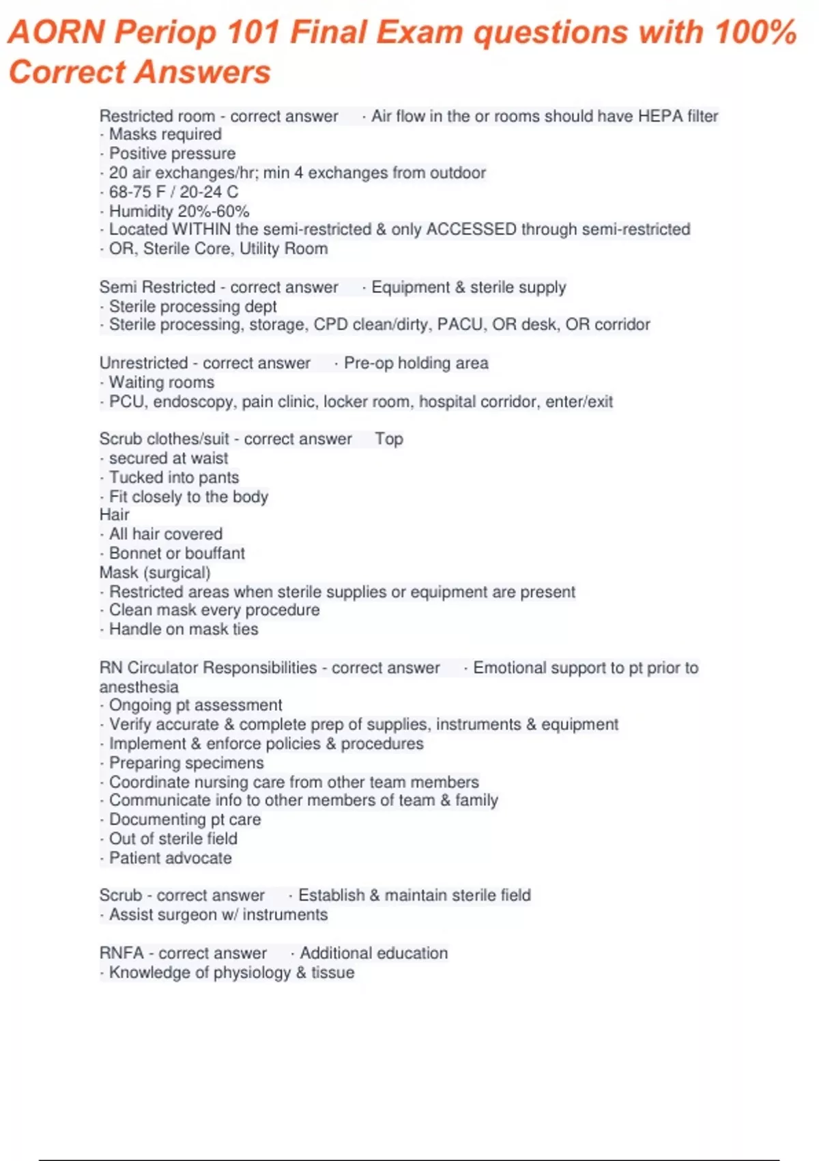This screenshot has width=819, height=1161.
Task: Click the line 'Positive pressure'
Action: tap(172, 154)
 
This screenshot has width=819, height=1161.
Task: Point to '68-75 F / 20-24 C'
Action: tap(173, 192)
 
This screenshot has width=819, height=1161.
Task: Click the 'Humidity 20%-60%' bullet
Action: tap(179, 211)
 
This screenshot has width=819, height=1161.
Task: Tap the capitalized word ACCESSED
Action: tap(471, 229)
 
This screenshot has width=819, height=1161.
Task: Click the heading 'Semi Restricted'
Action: tap(157, 288)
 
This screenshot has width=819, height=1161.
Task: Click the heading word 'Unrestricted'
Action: tap(143, 363)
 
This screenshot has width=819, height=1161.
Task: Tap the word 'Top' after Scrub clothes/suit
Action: tap(389, 439)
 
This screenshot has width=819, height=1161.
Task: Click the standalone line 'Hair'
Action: tap(114, 515)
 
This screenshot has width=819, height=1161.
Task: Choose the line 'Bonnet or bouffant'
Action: tap(177, 553)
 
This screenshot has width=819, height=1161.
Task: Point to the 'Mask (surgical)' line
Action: tap(155, 572)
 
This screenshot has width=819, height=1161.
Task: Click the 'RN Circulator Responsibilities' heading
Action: tap(208, 668)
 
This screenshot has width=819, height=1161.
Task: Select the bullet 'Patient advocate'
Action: tap(170, 858)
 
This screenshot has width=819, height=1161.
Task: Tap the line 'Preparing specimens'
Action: tap(186, 763)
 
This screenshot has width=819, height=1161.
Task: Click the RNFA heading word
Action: tap(121, 953)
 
